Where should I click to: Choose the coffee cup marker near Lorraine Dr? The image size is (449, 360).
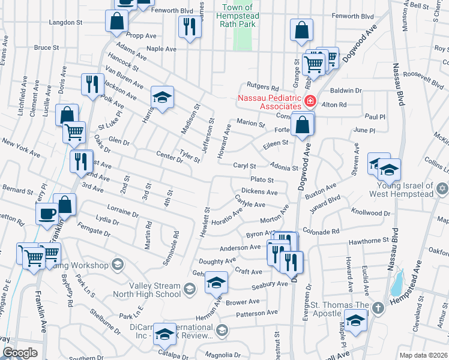click(x=47, y=213)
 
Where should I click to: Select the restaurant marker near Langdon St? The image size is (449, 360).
click(x=188, y=26)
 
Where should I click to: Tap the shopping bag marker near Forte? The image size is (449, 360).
click(x=303, y=124)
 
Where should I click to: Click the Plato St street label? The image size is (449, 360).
click(x=262, y=179)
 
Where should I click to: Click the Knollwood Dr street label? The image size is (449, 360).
click(x=370, y=213)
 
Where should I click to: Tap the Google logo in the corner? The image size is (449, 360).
click(x=20, y=353)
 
